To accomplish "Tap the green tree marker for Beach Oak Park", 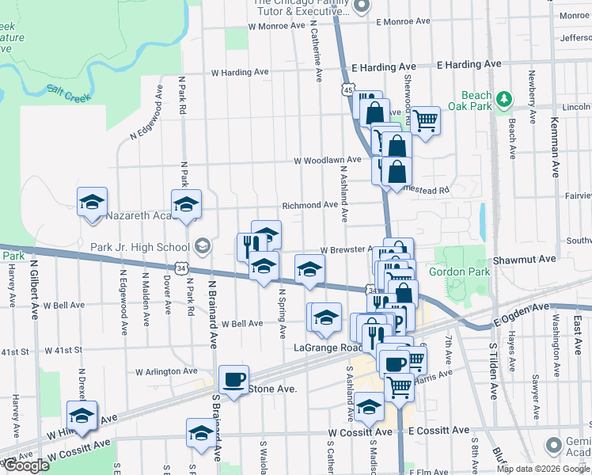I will pos(503,99).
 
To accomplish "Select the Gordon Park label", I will pos(459,272).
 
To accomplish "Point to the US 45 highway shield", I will pos(348,91).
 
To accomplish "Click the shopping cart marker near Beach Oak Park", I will pos(425,120).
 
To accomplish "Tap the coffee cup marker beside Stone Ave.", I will pos(233,380).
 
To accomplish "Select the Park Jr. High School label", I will pos(140,247).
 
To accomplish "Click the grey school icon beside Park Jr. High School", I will pos(202,247).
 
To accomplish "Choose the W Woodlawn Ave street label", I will pos(327,160).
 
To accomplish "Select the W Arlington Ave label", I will pos(166,370).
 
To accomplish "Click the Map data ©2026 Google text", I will pos(543,469).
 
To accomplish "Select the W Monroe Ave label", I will pos(276,25).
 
